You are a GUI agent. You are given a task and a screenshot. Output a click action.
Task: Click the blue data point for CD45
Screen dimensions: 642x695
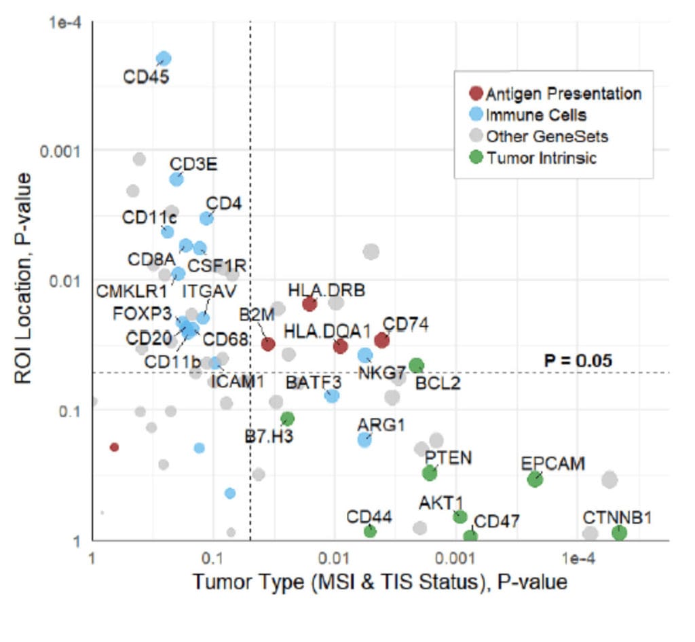pyautogui.click(x=164, y=59)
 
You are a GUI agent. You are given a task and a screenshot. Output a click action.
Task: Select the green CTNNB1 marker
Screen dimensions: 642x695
pyautogui.click(x=619, y=533)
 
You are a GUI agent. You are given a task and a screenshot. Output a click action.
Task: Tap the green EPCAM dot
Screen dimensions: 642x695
pyautogui.click(x=535, y=479)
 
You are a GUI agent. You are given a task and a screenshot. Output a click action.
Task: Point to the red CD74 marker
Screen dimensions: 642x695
pyautogui.click(x=382, y=340)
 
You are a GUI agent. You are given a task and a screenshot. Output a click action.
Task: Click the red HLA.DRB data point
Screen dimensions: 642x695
pyautogui.click(x=309, y=304)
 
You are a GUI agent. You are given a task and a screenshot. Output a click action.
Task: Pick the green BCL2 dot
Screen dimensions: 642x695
pyautogui.click(x=416, y=365)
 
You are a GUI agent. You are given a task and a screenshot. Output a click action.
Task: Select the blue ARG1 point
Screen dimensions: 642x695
pyautogui.click(x=364, y=440)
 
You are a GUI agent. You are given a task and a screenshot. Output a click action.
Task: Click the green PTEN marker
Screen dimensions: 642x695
pyautogui.click(x=429, y=473)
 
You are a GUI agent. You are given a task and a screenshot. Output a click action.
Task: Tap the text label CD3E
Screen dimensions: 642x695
pyautogui.click(x=193, y=164)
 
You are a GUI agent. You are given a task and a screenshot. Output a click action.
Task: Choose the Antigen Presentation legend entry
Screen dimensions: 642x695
pyautogui.click(x=555, y=93)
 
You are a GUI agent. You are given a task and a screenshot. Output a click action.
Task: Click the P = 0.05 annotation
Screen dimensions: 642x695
pyautogui.click(x=578, y=360)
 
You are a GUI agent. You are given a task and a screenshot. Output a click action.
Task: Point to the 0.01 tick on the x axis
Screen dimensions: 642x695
pyautogui.click(x=334, y=557)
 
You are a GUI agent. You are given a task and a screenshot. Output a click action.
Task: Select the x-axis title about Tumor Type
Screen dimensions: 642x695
pyautogui.click(x=379, y=583)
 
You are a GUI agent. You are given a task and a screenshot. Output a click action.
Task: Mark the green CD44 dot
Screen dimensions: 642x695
pyautogui.click(x=370, y=531)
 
